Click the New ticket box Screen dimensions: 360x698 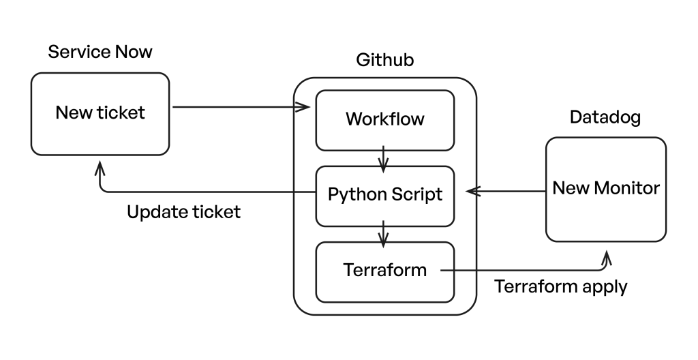[100, 113]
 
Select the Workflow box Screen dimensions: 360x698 [384, 119]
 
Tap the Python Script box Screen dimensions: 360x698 [384, 195]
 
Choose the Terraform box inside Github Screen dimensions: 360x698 [384, 271]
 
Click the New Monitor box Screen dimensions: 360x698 [605, 189]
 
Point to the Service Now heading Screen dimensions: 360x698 [100, 52]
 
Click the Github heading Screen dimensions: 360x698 [384, 61]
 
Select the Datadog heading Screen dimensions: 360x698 [605, 118]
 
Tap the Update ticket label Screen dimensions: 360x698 [184, 212]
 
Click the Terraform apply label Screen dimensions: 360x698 [560, 286]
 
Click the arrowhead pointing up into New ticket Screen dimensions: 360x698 [100, 167]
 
